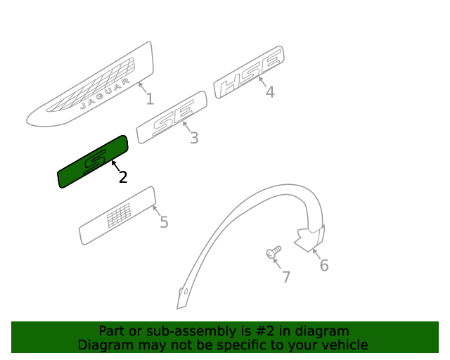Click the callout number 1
[150, 98]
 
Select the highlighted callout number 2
[123, 177]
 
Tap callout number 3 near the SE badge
[194, 138]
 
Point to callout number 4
[270, 92]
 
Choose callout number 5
[164, 222]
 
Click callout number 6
[324, 265]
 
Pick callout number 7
[286, 277]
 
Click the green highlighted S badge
[93, 162]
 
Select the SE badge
[172, 117]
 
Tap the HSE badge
[249, 72]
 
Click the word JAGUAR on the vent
[105, 94]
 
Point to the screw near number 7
[274, 252]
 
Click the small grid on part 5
[119, 215]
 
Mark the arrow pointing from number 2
[115, 167]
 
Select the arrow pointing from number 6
[316, 254]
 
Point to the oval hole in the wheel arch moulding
[186, 291]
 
